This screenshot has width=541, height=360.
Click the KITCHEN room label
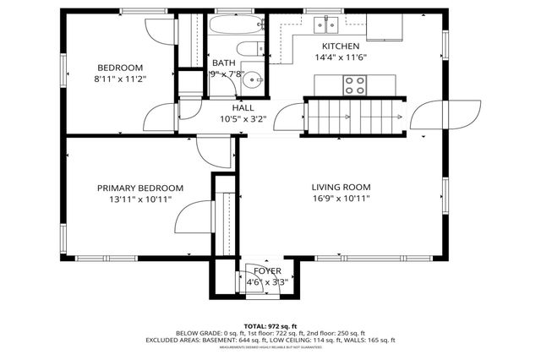[341, 46]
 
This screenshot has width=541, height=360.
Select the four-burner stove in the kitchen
[354, 85]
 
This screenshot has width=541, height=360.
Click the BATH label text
[224, 63]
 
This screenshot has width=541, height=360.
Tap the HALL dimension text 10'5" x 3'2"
[243, 119]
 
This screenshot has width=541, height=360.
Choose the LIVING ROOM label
[341, 187]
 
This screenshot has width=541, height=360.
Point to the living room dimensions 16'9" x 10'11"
[341, 199]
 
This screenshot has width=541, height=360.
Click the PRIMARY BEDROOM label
[139, 188]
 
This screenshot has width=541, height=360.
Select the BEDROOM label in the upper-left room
[119, 68]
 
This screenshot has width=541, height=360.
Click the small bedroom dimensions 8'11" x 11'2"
[119, 79]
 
